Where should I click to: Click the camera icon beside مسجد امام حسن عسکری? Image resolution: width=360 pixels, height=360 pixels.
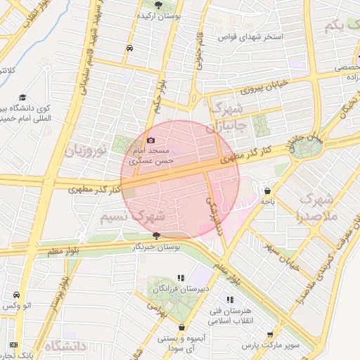click(x=150, y=141)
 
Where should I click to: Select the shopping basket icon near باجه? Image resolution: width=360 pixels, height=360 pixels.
click(x=266, y=190)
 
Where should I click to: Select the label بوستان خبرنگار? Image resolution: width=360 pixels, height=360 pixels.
click(x=157, y=247)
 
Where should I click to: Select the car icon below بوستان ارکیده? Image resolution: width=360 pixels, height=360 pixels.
click(x=129, y=48)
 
